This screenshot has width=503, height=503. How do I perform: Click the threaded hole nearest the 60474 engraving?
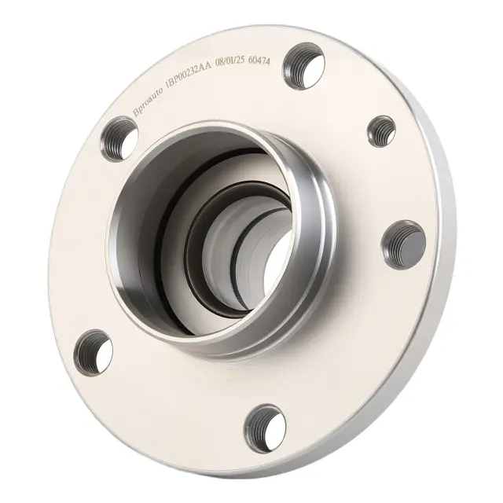[x=303, y=66]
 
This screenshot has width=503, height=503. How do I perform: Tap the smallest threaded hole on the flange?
[x=381, y=131]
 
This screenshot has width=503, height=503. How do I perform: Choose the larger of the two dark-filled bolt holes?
[x=403, y=244]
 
